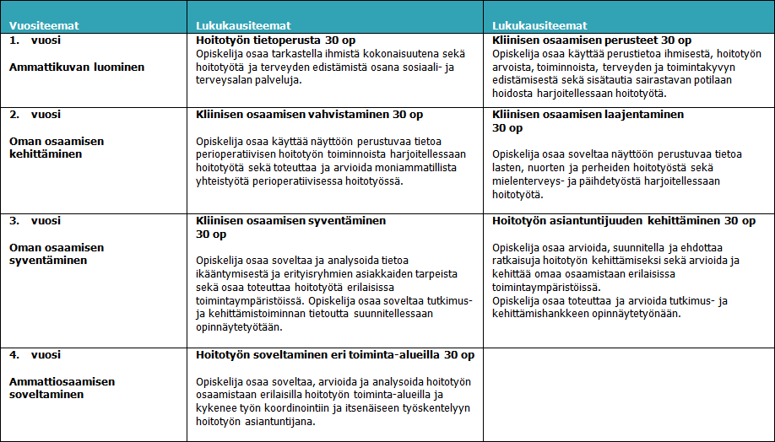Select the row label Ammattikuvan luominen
(77, 67)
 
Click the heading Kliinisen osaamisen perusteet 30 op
(591, 40)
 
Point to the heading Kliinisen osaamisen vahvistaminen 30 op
(309, 114)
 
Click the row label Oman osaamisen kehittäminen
(57, 147)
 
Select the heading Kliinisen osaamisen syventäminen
(290, 220)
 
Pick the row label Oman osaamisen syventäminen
(57, 254)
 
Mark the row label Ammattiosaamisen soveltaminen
(62, 388)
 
